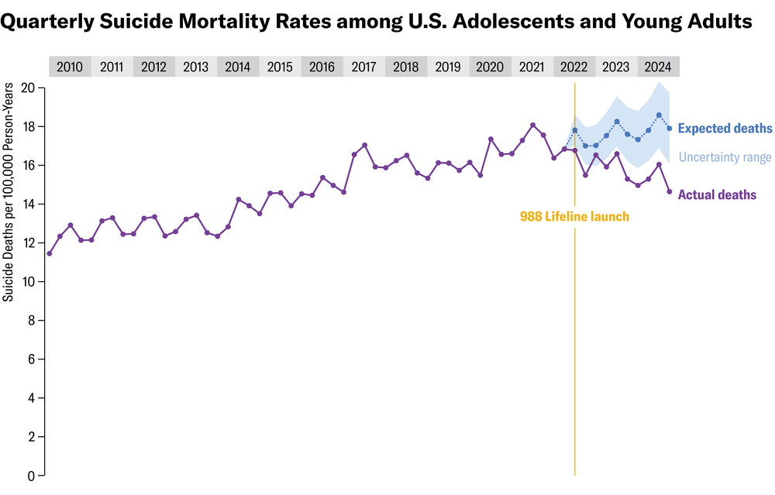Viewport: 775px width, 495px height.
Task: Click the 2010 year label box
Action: (70, 67)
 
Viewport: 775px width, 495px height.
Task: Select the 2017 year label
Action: (363, 67)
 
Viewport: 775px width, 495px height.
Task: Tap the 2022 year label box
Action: (573, 67)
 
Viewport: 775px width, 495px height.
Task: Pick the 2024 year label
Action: (658, 67)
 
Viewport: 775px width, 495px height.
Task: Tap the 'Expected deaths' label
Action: (725, 129)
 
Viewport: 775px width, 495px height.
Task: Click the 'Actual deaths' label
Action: (717, 195)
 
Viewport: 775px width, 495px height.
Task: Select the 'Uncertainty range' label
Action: (725, 158)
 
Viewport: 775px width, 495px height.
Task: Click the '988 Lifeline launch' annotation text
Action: (574, 217)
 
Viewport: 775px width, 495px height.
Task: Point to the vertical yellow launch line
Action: (574, 349)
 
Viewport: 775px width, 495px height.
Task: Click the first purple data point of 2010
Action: (50, 253)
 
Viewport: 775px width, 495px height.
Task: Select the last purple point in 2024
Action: (669, 192)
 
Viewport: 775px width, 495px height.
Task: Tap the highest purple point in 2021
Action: (532, 125)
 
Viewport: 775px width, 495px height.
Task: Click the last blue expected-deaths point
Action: (669, 128)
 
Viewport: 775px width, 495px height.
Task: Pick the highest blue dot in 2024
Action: (659, 115)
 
